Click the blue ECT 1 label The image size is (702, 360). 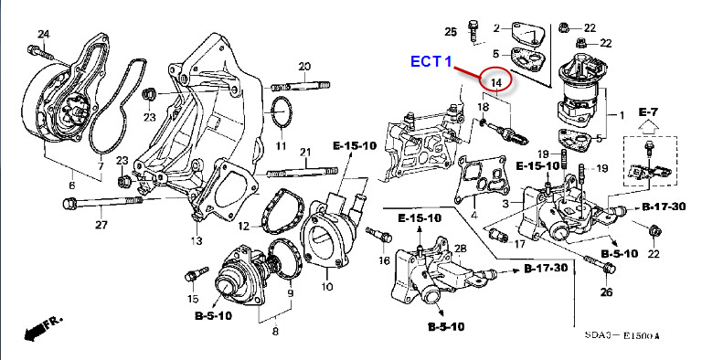431,61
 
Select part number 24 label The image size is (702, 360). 44,34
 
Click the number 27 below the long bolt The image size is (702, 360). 101,225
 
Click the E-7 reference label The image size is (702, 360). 647,112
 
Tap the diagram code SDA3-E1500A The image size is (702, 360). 622,335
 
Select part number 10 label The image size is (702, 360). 327,285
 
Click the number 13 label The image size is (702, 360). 197,241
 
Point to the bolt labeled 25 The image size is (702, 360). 473,30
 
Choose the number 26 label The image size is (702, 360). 607,292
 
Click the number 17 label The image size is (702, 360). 519,244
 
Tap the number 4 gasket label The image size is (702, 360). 474,216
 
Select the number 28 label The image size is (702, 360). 461,249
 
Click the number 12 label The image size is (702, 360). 243,226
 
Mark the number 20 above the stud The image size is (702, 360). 304,67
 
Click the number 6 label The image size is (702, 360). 71,185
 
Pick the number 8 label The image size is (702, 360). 275,331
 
